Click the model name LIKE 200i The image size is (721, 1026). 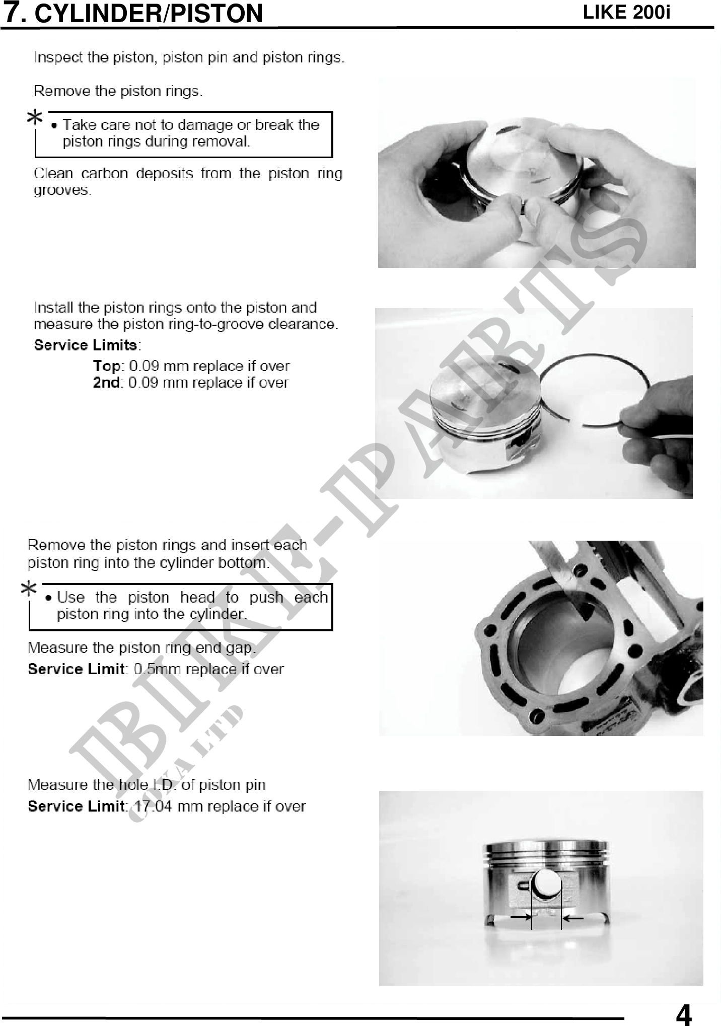(x=626, y=12)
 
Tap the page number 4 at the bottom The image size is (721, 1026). (x=683, y=1013)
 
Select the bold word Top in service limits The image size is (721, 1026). (x=107, y=366)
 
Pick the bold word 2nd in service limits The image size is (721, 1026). (x=106, y=383)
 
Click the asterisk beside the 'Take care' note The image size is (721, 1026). (x=35, y=119)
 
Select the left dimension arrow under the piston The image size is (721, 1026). (x=521, y=917)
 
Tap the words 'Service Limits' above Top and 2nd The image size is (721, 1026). (x=86, y=345)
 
